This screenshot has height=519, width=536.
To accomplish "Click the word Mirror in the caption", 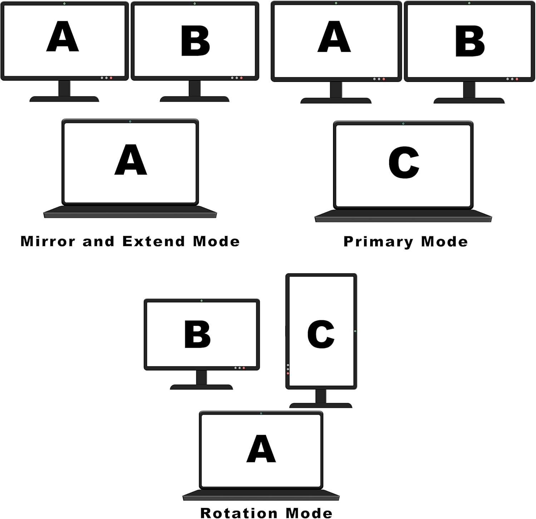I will tap(48, 241).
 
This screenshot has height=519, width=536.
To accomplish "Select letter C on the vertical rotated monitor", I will tap(321, 334).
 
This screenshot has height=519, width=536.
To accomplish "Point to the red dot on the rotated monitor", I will tap(288, 373).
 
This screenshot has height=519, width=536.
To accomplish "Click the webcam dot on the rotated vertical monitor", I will tap(355, 331).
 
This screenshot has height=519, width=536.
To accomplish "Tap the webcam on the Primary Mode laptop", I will tap(403, 124).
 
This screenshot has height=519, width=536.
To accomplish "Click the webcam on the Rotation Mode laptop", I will tap(261, 414).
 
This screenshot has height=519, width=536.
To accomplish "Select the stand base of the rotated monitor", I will tap(321, 405).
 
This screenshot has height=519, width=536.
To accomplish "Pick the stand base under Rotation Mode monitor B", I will tap(202, 387).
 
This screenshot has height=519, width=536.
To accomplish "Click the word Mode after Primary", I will tap(444, 242).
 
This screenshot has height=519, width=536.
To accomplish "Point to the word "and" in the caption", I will tap(98, 241).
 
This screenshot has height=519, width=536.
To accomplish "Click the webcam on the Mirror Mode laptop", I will tap(130, 122).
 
